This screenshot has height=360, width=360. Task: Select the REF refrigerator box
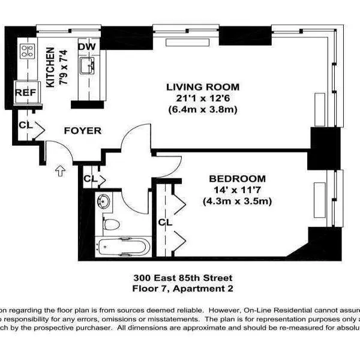pyautogui.click(x=25, y=92)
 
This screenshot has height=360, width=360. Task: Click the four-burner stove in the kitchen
pyautogui.click(x=26, y=50)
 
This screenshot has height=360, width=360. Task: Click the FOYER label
pyautogui.click(x=82, y=131)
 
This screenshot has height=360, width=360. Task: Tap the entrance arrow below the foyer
pyautogui.click(x=60, y=171)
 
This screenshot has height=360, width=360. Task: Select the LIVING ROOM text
pyautogui.click(x=202, y=87)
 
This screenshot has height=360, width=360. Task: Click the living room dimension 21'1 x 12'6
pyautogui.click(x=202, y=98)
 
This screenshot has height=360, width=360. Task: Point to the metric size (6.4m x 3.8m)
pyautogui.click(x=202, y=109)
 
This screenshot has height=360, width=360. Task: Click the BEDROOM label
pyautogui.click(x=236, y=179)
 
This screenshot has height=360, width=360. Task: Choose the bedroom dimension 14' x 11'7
pyautogui.click(x=236, y=190)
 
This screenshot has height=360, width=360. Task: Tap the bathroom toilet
pyautogui.click(x=110, y=225)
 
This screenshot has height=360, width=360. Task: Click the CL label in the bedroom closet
pyautogui.click(x=165, y=223)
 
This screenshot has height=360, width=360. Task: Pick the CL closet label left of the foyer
pyautogui.click(x=25, y=125)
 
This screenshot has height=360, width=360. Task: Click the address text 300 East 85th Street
pyautogui.click(x=182, y=278)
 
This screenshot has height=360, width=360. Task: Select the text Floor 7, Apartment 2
pyautogui.click(x=182, y=288)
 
